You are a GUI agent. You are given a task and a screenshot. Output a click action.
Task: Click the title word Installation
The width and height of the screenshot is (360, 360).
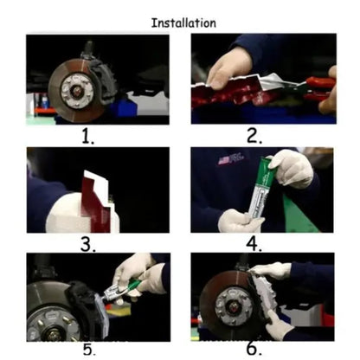[183, 23]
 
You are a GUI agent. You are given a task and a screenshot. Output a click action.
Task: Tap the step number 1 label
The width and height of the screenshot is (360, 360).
[88, 136]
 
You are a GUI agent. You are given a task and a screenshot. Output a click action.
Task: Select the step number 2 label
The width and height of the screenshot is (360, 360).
[254, 136]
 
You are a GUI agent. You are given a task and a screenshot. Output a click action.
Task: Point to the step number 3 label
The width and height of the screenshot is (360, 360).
[87, 245]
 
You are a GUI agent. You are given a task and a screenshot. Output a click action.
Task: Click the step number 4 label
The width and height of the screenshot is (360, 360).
[254, 244]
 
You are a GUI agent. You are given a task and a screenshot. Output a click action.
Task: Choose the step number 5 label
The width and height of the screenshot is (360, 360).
[89, 350]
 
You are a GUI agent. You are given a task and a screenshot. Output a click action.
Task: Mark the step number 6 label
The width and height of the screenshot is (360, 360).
[254, 349]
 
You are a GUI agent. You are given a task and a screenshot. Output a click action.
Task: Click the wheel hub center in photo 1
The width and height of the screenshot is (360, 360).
[77, 91]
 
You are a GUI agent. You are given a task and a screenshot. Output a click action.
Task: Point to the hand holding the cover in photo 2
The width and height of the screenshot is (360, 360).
[228, 67]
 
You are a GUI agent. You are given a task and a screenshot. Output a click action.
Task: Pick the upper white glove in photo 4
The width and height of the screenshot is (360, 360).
[292, 169]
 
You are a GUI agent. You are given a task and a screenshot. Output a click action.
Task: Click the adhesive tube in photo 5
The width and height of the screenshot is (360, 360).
[121, 291]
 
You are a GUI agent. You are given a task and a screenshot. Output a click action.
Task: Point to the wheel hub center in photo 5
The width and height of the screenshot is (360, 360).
[54, 334]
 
